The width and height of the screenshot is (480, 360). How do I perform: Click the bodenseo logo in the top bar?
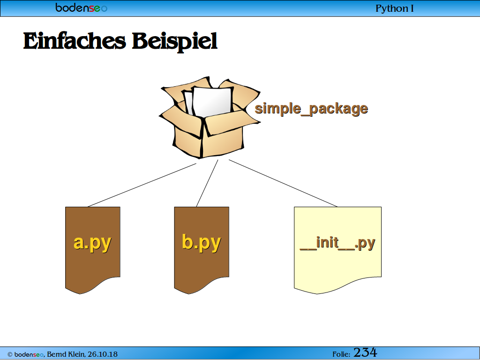click(x=82, y=7)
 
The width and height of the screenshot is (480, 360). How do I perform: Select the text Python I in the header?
click(x=395, y=8)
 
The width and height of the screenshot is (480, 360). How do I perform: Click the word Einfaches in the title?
click(x=75, y=41)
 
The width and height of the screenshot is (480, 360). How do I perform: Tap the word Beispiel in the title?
click(x=175, y=42)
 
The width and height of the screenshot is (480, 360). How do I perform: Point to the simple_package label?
click(x=311, y=109)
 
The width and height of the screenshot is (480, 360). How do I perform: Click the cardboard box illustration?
click(x=210, y=118)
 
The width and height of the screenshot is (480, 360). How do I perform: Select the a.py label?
click(x=92, y=243)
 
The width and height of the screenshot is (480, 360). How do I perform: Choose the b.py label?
click(x=202, y=243)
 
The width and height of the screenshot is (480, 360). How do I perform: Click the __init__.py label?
click(x=337, y=243)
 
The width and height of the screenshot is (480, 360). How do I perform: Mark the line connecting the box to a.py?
click(x=142, y=185)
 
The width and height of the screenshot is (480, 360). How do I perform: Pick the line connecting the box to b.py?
click(x=207, y=183)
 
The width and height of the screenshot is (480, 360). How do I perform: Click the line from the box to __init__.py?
click(x=283, y=183)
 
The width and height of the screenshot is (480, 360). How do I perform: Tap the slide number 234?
click(x=365, y=352)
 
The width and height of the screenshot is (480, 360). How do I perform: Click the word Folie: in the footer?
click(x=341, y=354)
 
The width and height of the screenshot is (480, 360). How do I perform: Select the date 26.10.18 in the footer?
click(x=103, y=354)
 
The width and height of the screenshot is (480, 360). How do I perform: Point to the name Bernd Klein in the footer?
click(x=66, y=354)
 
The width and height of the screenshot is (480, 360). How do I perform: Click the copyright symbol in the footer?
click(x=10, y=354)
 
